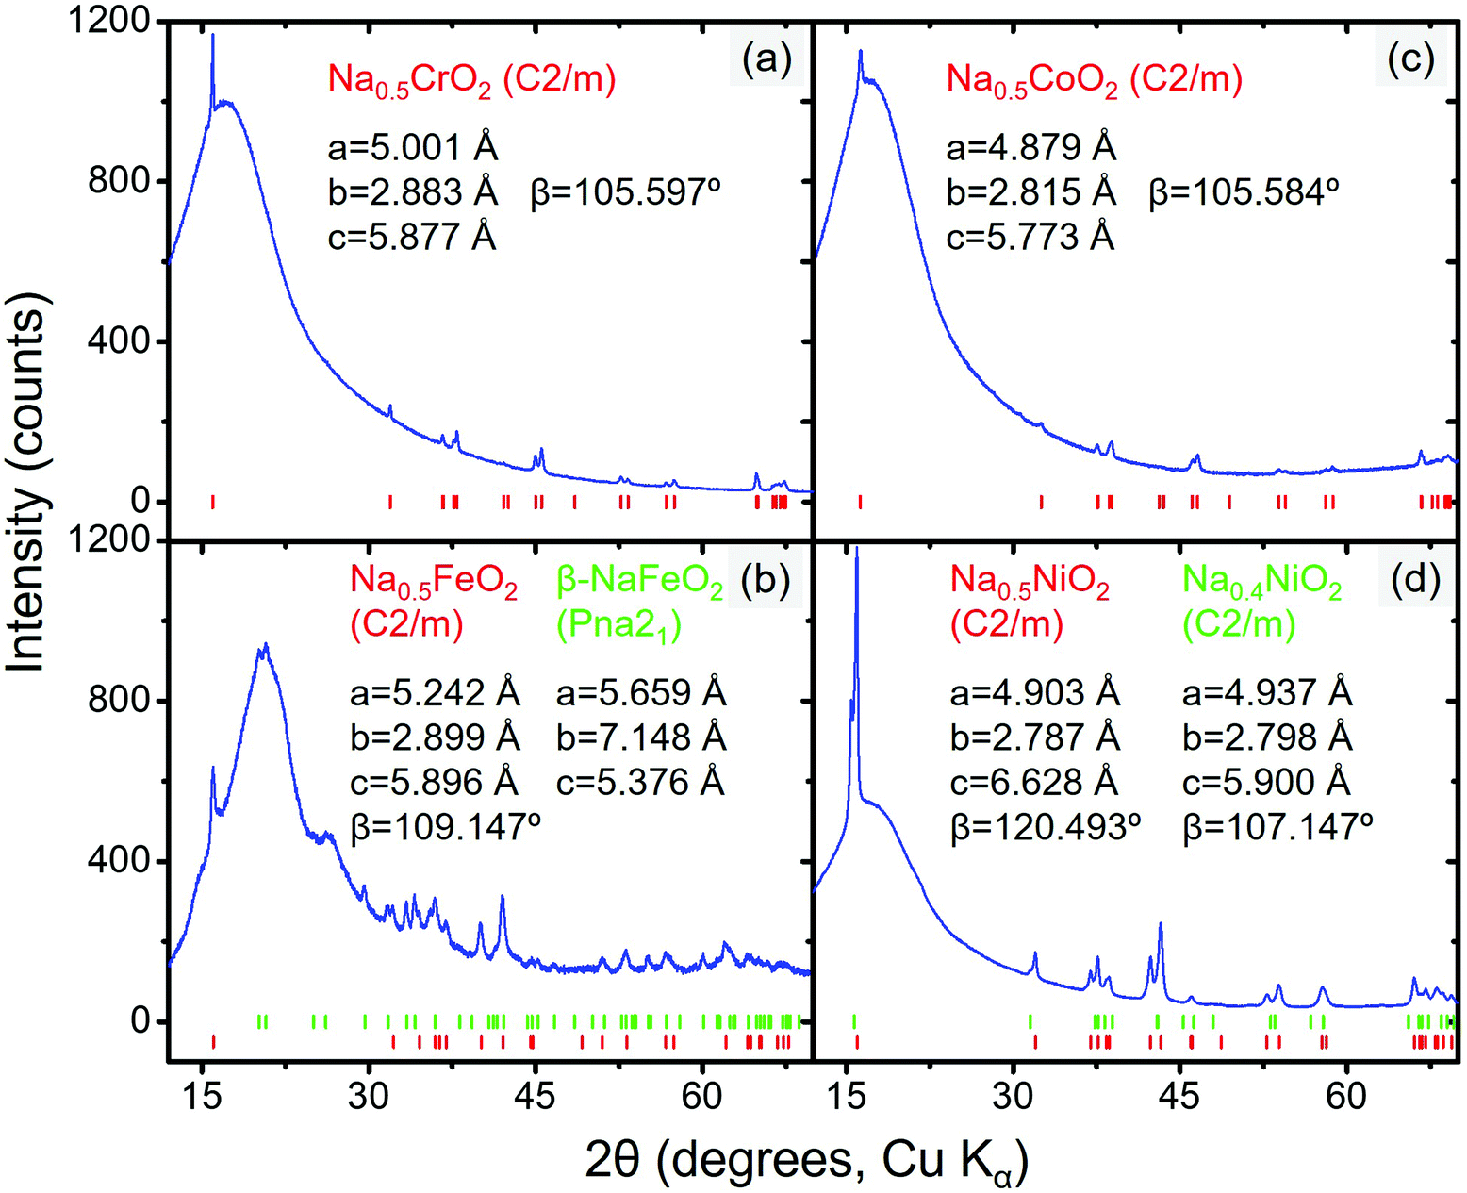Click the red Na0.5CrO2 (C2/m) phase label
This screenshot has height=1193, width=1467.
(471, 79)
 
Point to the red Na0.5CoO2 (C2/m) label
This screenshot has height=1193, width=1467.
(1094, 79)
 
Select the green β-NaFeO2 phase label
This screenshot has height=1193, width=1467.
(640, 584)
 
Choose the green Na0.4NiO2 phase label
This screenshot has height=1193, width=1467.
(1261, 584)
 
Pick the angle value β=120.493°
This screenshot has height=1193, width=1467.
(1046, 827)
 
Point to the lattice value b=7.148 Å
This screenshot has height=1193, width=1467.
(641, 737)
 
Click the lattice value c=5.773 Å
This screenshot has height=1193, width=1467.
(1030, 237)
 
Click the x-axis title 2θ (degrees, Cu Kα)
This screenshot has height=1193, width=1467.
(806, 1161)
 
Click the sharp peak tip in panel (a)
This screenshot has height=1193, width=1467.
(213, 36)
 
